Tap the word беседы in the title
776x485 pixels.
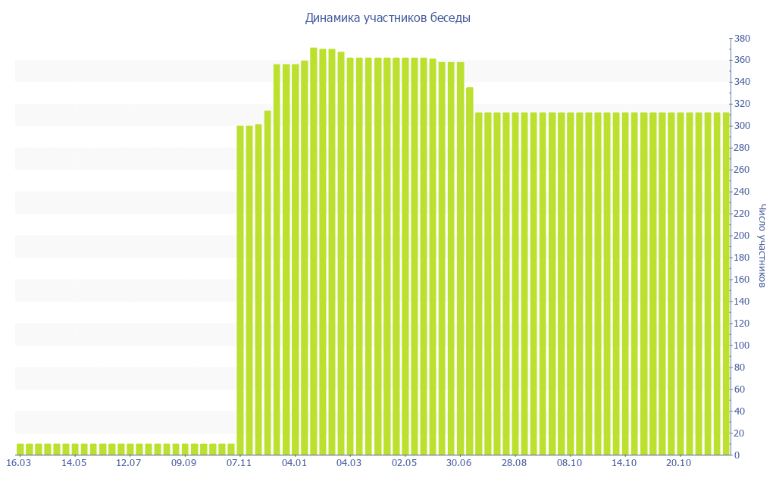click(x=450, y=17)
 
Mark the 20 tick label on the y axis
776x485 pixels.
click(x=739, y=433)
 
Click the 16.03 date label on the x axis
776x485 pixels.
click(x=19, y=463)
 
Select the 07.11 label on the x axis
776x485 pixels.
click(x=239, y=463)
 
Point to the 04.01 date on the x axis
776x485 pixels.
click(x=294, y=463)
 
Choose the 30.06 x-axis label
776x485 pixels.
click(x=459, y=463)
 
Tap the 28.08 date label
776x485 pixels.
click(x=515, y=463)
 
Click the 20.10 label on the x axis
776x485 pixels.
click(x=679, y=463)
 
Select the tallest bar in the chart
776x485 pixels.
click(x=314, y=250)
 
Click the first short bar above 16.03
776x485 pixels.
click(x=20, y=449)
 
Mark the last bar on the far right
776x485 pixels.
click(x=725, y=284)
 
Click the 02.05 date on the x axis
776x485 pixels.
click(x=404, y=463)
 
